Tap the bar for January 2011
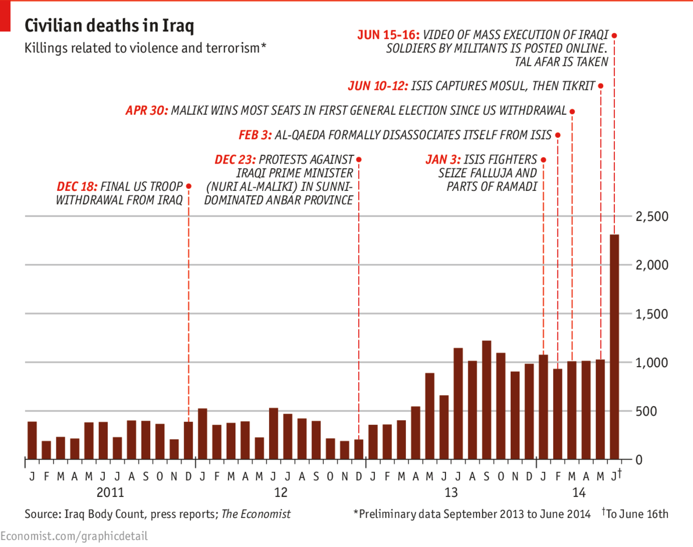pos(33,440)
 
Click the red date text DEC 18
pos(77,187)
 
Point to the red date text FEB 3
pos(255,136)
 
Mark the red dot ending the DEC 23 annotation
pos(359,159)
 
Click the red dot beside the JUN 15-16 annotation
pos(614,35)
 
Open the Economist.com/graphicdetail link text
pos(74,535)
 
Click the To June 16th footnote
pos(637,514)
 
